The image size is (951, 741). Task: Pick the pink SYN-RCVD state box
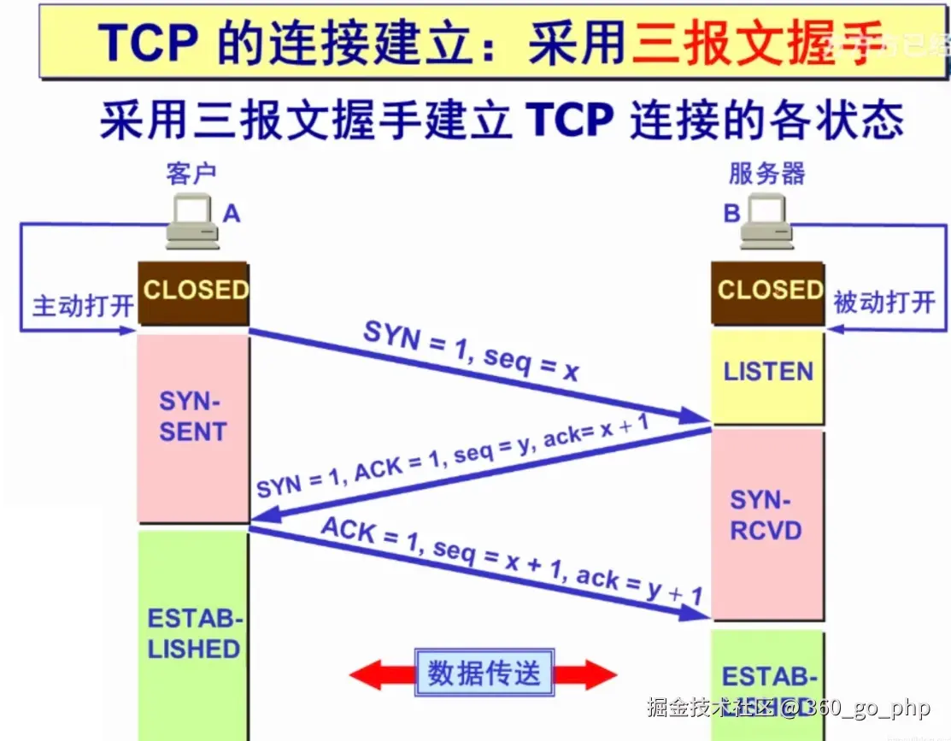click(766, 516)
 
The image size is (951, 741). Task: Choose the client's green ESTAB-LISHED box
click(194, 633)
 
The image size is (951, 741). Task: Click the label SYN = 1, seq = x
click(472, 351)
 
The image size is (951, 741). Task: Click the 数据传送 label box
click(484, 673)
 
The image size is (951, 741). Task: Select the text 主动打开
click(82, 306)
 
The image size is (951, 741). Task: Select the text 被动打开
click(884, 302)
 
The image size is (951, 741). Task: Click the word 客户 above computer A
click(191, 174)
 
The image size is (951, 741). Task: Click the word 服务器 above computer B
click(766, 173)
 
